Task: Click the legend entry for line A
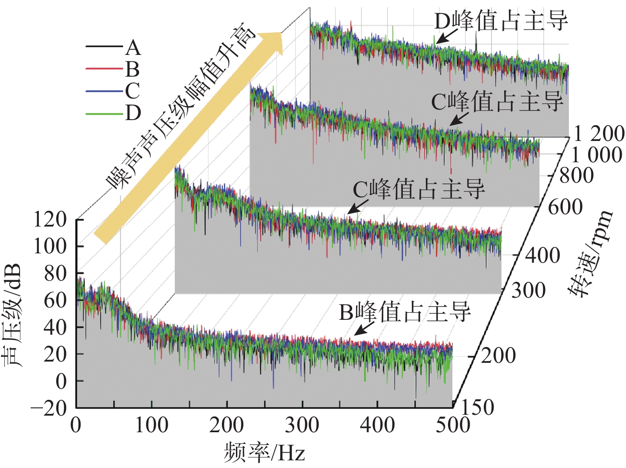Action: (x=113, y=48)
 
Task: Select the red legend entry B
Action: (x=113, y=69)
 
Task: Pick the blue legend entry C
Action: (x=113, y=91)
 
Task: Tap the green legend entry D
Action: (x=113, y=113)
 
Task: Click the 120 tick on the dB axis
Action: (x=50, y=220)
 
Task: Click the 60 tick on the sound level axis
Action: (x=55, y=300)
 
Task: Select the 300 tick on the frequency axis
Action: (x=302, y=425)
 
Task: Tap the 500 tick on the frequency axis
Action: (x=453, y=425)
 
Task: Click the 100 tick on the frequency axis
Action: (x=151, y=425)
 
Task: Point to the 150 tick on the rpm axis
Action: (x=477, y=407)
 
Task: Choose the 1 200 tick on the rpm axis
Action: (x=599, y=133)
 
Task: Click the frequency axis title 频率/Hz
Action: (x=264, y=452)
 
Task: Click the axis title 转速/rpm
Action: (x=590, y=253)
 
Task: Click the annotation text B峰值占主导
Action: (x=405, y=312)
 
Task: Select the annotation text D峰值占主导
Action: (x=501, y=20)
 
